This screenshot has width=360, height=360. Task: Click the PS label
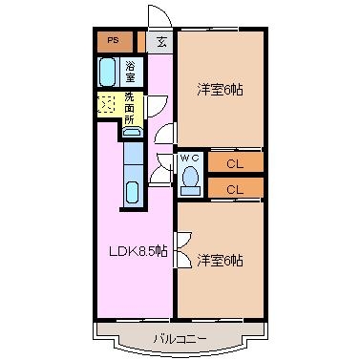[113, 40]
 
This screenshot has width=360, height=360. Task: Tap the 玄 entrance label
[161, 42]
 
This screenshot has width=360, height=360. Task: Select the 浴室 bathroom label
[130, 72]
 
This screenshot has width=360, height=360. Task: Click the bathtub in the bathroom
[107, 72]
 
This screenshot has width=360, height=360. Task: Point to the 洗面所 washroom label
[129, 109]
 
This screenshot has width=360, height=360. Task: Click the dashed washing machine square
[106, 103]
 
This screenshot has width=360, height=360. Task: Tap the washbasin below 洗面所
[132, 132]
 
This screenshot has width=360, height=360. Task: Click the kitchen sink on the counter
[132, 193]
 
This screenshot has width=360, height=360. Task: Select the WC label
[189, 158]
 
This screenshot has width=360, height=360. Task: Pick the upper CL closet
[236, 163]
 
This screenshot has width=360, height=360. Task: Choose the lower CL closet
[236, 188]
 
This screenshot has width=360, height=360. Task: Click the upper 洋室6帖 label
[220, 90]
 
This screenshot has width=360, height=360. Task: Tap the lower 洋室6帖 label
[220, 261]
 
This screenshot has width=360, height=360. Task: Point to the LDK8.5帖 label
[138, 252]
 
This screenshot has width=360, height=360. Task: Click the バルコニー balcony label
[180, 338]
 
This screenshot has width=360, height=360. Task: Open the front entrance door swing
[160, 16]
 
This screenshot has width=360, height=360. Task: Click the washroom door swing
[156, 107]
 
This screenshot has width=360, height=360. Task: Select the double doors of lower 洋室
[182, 249]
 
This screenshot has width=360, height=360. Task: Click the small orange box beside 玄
[141, 42]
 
